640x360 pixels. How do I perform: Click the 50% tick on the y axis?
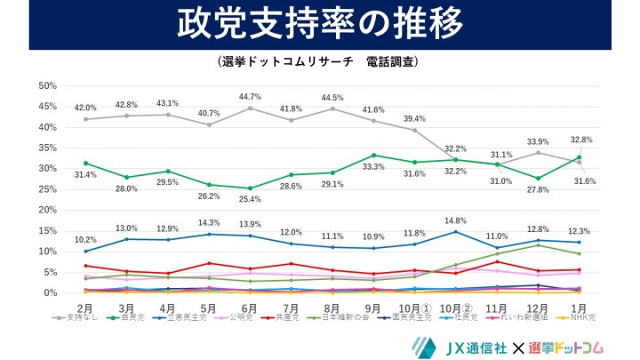pos(47,85)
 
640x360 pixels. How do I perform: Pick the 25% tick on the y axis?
pos(47,189)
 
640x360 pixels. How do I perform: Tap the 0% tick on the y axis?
pos(50,293)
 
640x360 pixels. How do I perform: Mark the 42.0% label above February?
pos(85,108)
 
